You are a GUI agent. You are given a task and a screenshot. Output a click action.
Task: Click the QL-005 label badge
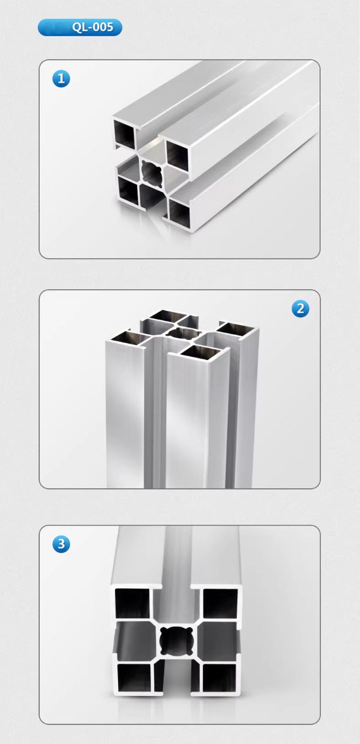tap(80, 28)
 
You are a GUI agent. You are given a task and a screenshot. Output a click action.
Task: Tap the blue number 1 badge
tap(61, 79)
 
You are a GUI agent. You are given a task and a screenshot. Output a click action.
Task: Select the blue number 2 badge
tap(300, 309)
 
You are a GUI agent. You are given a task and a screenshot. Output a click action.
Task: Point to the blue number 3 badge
tap(61, 544)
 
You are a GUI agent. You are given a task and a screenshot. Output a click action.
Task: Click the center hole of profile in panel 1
tap(153, 172)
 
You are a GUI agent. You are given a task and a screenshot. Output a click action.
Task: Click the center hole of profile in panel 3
tap(176, 642)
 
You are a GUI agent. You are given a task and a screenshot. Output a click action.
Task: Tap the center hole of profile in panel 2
tap(182, 333)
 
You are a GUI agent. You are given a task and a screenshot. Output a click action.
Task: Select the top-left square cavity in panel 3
tap(133, 603)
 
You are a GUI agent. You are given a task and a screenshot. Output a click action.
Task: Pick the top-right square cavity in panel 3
tap(220, 603)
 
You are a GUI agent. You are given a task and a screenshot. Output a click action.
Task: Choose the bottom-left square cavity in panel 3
tap(134, 677)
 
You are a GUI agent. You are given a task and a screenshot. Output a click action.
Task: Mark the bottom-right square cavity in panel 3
tap(219, 677)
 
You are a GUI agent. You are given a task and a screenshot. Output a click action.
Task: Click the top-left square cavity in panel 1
tap(124, 134)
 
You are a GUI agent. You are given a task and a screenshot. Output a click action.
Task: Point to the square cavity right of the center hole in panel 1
tap(177, 155)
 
